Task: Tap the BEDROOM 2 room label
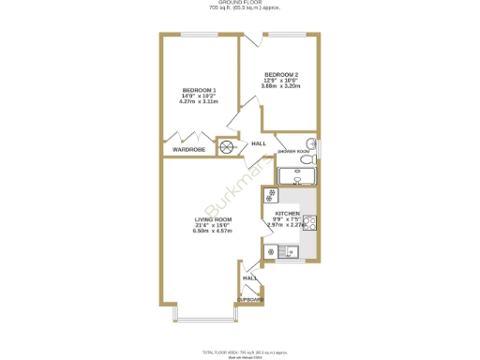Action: pos(281,74)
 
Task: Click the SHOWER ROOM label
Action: pos(293,150)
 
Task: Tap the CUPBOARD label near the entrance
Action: pos(251,299)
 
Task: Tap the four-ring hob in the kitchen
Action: pos(270,196)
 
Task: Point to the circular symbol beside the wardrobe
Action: pos(226,146)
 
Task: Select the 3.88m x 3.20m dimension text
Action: pos(281,85)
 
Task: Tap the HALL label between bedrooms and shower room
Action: pos(259,143)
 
